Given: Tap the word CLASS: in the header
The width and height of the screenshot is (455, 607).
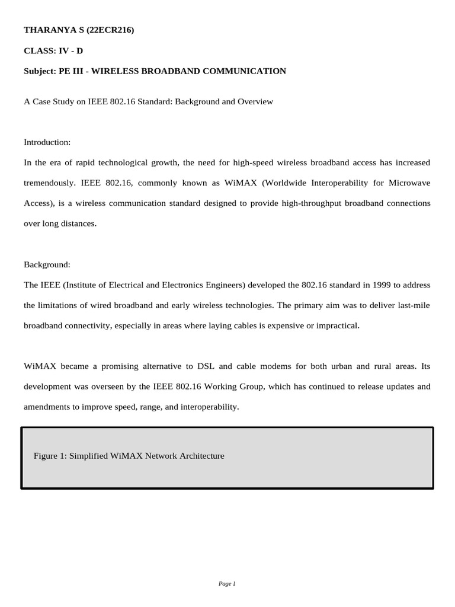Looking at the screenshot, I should pos(39,50).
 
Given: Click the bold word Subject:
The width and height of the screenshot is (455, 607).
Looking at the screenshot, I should pos(40,71).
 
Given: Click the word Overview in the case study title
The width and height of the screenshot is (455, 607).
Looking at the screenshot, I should pos(255,101).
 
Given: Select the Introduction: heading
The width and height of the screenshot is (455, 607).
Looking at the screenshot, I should pos(47,142).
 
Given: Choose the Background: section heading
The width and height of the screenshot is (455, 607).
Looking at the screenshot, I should pos(47,264).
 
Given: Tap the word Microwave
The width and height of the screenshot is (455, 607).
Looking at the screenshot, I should pos(412,183).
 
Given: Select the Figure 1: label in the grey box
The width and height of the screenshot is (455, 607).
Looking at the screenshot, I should pos(50,456).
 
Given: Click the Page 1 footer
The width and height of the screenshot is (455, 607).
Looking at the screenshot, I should pos(227,584).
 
